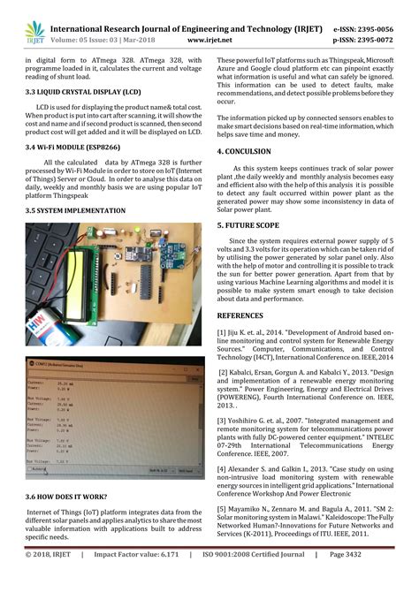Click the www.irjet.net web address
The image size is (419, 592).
210,40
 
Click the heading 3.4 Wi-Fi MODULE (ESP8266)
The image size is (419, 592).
74,148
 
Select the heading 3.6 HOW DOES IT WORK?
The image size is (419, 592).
68,497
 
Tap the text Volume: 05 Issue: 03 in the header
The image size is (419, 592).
86,40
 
